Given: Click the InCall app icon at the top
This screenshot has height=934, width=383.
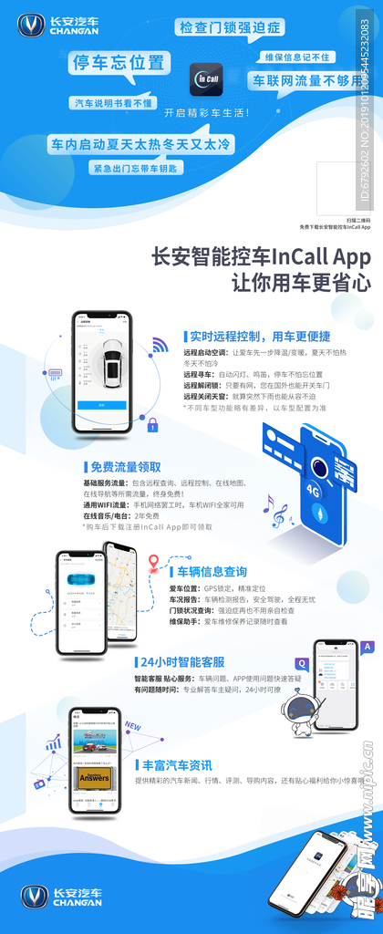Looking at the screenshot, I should [207, 79].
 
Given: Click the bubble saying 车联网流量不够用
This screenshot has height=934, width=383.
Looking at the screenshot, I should [307, 79].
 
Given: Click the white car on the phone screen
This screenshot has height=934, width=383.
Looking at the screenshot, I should [110, 361].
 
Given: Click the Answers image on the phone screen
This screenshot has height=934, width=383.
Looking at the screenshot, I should [94, 777].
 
